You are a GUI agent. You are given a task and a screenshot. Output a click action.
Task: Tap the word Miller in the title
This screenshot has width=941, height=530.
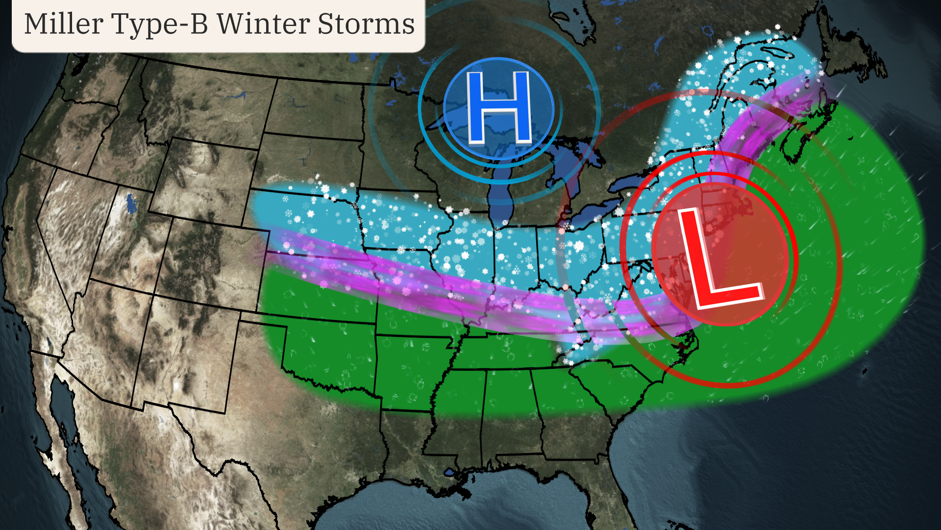coord(64,25)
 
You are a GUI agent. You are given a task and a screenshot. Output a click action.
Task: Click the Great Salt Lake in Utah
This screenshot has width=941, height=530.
coord(131,204)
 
